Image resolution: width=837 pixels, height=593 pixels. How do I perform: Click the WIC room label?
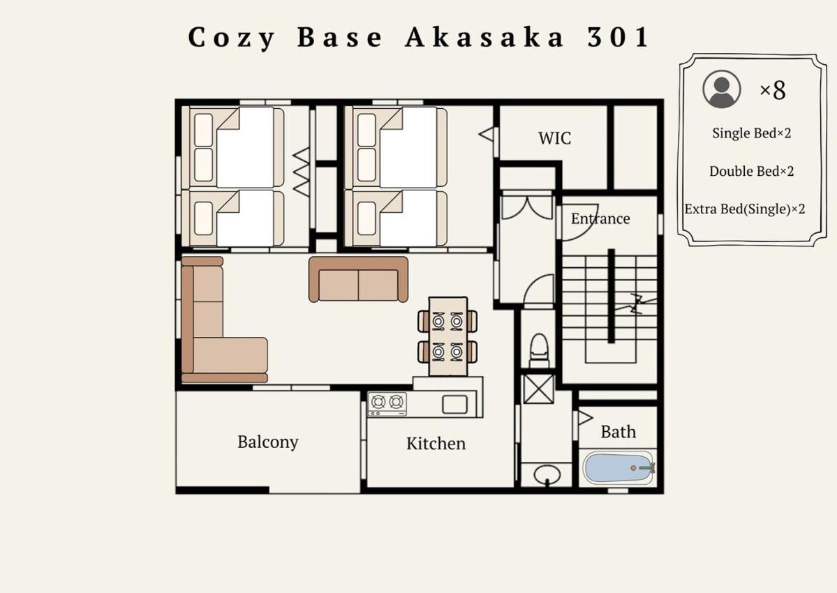tap(554, 138)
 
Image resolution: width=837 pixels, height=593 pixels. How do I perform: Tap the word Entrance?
tap(600, 218)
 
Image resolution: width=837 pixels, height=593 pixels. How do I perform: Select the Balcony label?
tap(268, 442)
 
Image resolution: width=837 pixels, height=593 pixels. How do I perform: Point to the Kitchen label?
tap(436, 443)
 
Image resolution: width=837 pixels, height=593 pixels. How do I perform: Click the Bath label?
tap(618, 431)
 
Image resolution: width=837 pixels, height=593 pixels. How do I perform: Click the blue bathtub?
tap(619, 467)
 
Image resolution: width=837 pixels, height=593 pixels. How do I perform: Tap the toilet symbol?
tap(539, 350)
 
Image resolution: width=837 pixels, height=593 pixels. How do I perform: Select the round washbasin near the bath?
tap(547, 474)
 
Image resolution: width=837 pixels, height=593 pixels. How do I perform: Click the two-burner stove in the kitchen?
tap(387, 404)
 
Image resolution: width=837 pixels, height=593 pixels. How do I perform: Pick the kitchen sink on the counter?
tap(454, 405)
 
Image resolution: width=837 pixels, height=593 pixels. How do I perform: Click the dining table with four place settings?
tap(448, 336)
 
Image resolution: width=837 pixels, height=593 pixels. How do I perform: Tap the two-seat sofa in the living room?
tap(358, 280)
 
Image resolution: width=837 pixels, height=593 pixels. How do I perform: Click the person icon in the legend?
tap(722, 89)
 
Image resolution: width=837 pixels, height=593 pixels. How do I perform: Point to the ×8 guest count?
tap(772, 90)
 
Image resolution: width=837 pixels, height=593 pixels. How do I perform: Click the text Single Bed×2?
tap(752, 133)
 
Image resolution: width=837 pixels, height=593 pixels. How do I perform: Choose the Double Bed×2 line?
tap(752, 171)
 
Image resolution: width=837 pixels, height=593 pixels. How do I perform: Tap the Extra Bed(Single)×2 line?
tap(745, 209)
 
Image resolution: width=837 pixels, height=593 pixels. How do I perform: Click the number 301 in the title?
tap(618, 38)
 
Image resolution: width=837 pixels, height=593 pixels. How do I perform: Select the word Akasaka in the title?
tap(484, 38)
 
